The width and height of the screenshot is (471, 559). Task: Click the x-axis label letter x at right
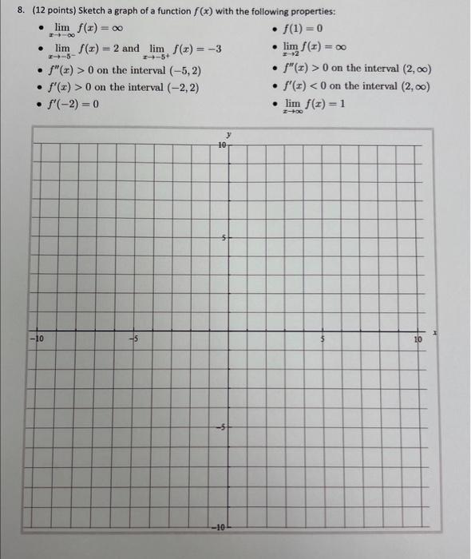point(436,331)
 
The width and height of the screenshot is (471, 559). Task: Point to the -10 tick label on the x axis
point(37,340)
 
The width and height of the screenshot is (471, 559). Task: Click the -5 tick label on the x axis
point(134,340)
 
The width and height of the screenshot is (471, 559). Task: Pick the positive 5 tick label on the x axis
point(323,340)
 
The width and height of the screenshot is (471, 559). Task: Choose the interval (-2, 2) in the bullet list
point(183,87)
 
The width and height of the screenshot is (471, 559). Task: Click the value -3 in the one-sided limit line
point(212,50)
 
